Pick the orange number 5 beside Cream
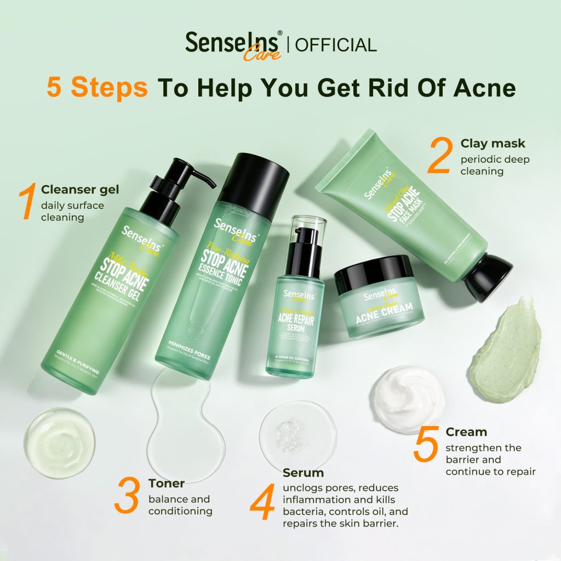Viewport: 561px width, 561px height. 426,445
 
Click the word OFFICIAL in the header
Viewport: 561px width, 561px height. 336,44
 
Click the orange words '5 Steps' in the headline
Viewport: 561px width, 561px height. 97,88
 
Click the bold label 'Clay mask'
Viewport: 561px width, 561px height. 493,144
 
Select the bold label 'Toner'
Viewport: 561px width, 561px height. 167,483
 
